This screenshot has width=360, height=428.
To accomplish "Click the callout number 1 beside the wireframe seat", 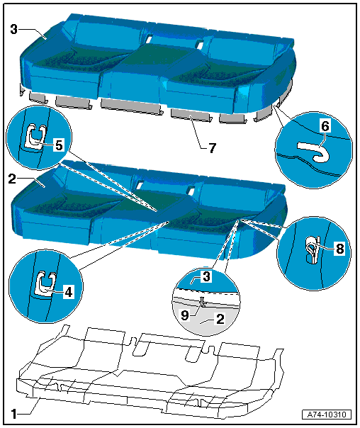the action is click(x=14, y=414).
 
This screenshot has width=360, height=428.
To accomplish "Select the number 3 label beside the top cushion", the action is click(x=14, y=29).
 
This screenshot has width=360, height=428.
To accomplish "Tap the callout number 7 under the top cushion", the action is click(x=213, y=148).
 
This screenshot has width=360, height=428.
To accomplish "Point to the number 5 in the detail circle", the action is click(x=59, y=145).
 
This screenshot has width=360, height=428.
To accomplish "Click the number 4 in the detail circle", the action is click(x=69, y=293).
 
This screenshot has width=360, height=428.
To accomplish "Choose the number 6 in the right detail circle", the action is click(x=325, y=126).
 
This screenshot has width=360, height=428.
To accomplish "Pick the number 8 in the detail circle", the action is click(x=339, y=249).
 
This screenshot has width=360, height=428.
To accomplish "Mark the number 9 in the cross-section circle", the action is click(x=185, y=315).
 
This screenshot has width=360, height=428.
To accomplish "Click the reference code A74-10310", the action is click(x=327, y=415).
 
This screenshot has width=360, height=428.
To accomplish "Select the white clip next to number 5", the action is click(x=35, y=135).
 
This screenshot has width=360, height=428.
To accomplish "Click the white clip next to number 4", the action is click(x=45, y=284).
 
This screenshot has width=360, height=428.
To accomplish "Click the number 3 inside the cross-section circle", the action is click(x=207, y=276).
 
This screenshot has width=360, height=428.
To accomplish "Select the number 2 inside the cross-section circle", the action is click(x=220, y=319).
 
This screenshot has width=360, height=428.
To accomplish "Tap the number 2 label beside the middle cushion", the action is click(x=12, y=179).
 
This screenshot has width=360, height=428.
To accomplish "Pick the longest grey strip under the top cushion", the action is click(x=132, y=106).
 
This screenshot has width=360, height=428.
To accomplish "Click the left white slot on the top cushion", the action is click(x=149, y=39).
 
